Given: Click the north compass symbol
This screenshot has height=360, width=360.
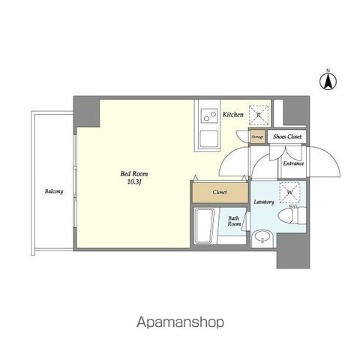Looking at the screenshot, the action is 328,79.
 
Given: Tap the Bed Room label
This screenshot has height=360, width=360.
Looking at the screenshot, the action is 134,173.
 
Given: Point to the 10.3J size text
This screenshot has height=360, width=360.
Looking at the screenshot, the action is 134,182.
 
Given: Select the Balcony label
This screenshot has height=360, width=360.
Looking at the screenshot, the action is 54,191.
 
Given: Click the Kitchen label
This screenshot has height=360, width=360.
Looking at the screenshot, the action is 233,115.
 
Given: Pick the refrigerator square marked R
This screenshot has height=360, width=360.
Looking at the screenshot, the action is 259,115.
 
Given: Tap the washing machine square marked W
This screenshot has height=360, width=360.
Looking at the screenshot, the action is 289,193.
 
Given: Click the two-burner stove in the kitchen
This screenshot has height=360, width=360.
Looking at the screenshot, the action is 209,116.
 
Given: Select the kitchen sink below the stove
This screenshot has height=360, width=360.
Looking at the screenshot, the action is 209,139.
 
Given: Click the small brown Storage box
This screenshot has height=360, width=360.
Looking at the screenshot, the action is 257,136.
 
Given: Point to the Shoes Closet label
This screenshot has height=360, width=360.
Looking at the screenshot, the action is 287,136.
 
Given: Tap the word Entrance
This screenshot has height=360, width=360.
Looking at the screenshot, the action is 293,163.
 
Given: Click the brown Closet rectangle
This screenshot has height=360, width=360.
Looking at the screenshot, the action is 220,192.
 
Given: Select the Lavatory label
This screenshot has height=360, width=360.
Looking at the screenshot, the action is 264,202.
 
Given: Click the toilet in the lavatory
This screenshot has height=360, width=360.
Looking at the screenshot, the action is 292,215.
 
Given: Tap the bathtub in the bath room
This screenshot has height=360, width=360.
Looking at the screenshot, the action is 205,226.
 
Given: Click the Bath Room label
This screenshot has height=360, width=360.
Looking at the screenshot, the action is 234,221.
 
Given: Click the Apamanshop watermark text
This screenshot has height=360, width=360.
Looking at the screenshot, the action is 180,322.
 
